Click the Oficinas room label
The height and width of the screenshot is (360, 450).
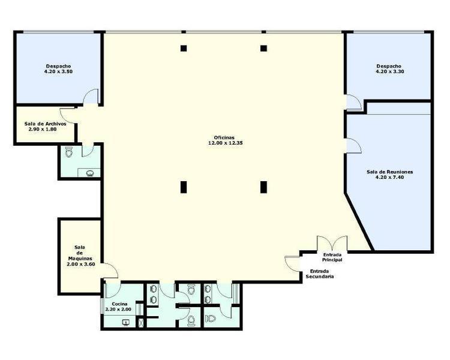click(x=224, y=137)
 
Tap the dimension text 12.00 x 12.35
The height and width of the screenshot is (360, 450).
click(x=226, y=143)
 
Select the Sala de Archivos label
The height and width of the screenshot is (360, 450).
click(x=46, y=124)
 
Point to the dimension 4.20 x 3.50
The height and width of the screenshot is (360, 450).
click(x=58, y=71)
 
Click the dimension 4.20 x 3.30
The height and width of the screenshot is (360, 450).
click(x=390, y=71)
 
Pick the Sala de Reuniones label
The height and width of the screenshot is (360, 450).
click(x=390, y=172)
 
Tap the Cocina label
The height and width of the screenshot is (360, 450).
click(x=119, y=304)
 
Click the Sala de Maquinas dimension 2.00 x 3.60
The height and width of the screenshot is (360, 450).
click(x=81, y=264)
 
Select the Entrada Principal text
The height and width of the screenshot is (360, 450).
click(x=332, y=257)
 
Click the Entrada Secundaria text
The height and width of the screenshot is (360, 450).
click(x=320, y=274)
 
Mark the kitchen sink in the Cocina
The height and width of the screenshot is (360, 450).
click(x=126, y=323)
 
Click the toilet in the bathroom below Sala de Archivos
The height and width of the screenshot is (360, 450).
click(x=68, y=152)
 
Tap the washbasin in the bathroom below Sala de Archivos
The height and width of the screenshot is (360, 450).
click(x=90, y=173)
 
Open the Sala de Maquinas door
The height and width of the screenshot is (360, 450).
click(x=111, y=271)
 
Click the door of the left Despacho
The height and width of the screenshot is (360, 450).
click(x=91, y=97)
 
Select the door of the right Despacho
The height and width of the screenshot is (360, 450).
click(x=354, y=102)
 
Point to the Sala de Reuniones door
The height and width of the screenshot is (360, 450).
click(x=354, y=146)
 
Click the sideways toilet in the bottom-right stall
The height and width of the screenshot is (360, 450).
click(x=211, y=318)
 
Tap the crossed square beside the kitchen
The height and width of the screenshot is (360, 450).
click(x=141, y=323)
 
